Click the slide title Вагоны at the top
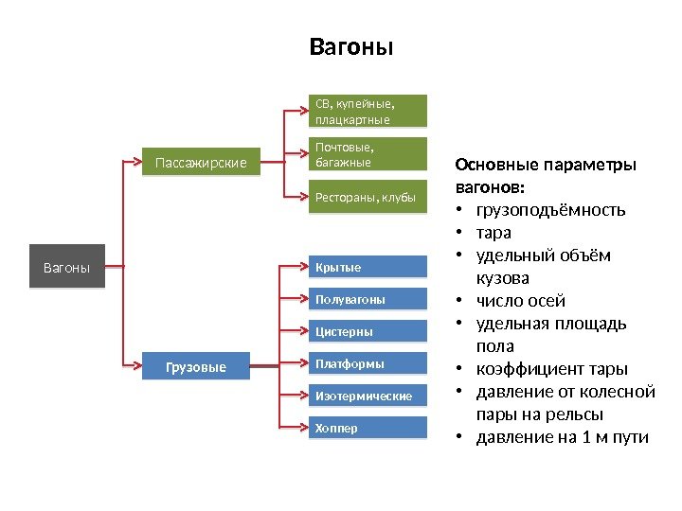tap(351, 46)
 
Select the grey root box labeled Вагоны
tap(67, 268)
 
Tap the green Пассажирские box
tap(201, 163)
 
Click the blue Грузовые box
tap(196, 366)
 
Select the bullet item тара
tap(494, 233)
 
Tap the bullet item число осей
tap(520, 301)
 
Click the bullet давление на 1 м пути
tap(562, 437)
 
